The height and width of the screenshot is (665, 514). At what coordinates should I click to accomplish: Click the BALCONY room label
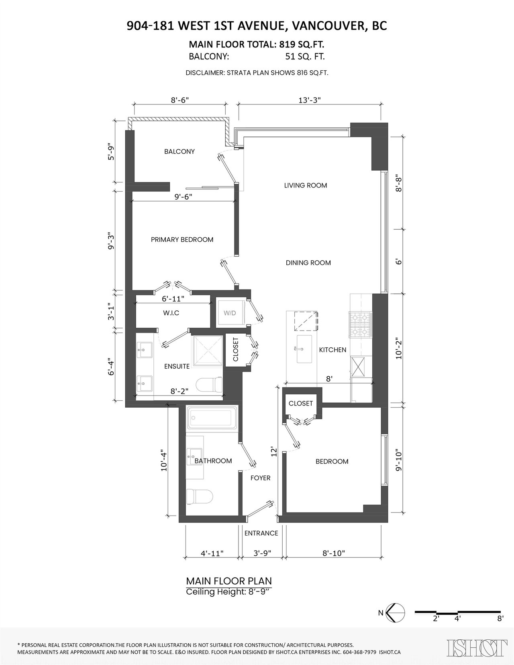[x=179, y=151]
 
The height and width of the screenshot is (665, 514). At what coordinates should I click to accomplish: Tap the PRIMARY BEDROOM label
[x=182, y=240]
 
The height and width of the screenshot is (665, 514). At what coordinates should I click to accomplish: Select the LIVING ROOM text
[x=305, y=186]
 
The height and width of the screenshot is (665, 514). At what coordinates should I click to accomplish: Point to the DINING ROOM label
[x=308, y=263]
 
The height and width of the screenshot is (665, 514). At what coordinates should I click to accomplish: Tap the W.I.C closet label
[x=171, y=313]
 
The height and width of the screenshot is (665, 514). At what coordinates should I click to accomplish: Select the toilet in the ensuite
[x=209, y=385]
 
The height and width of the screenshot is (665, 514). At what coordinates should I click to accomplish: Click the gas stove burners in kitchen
[x=361, y=324]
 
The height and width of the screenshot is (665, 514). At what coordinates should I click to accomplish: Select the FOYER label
[x=260, y=478]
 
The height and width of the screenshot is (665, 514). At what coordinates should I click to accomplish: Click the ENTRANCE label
[x=261, y=533]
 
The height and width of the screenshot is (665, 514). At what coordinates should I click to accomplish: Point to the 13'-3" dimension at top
[x=310, y=100]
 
